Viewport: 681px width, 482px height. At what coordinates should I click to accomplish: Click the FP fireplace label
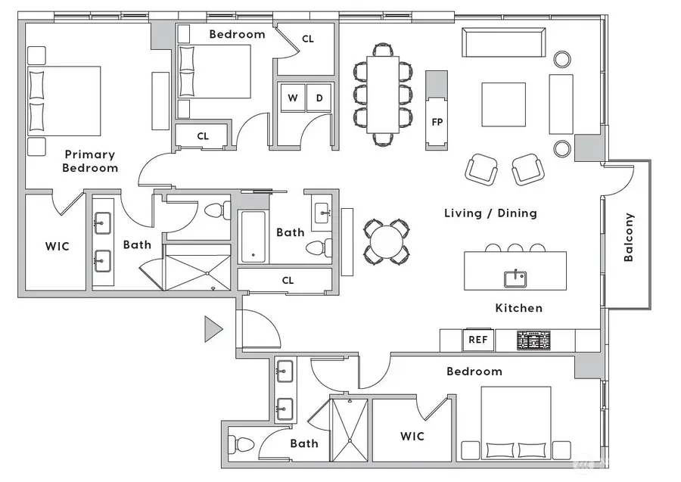pyautogui.click(x=437, y=122)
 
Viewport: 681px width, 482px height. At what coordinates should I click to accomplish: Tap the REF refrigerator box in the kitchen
pyautogui.click(x=477, y=340)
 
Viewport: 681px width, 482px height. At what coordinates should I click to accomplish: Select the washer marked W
pyautogui.click(x=292, y=98)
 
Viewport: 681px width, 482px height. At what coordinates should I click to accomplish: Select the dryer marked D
pyautogui.click(x=319, y=98)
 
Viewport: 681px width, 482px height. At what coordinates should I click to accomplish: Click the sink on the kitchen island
pyautogui.click(x=515, y=278)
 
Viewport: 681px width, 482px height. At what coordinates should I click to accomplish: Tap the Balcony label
pyautogui.click(x=628, y=237)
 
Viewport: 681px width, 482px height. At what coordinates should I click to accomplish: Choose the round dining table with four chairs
pyautogui.click(x=386, y=241)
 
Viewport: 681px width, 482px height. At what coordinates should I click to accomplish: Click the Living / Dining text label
pyautogui.click(x=490, y=213)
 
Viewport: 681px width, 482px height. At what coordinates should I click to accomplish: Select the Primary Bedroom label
pyautogui.click(x=91, y=161)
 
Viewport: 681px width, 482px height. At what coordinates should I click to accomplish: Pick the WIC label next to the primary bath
pyautogui.click(x=57, y=246)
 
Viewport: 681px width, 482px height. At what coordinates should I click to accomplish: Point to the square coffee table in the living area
pyautogui.click(x=504, y=104)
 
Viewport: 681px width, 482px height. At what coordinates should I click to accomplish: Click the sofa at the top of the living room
pyautogui.click(x=504, y=42)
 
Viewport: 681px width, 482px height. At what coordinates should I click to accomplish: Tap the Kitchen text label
pyautogui.click(x=518, y=308)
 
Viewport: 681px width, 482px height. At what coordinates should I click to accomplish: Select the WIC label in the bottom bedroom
pyautogui.click(x=412, y=436)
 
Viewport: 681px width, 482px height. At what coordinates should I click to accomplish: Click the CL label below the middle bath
pyautogui.click(x=288, y=280)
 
